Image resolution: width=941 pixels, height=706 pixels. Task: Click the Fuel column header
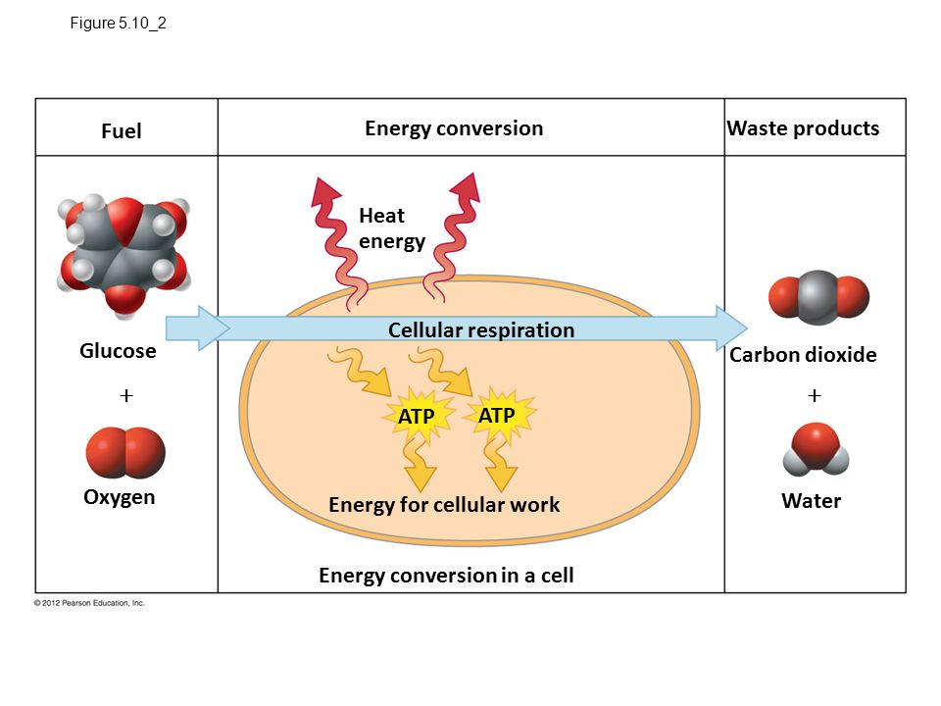click(122, 131)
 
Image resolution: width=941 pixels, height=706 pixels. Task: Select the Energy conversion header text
click(454, 128)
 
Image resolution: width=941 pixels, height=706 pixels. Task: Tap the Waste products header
click(803, 128)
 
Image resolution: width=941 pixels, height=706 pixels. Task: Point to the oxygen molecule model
click(125, 452)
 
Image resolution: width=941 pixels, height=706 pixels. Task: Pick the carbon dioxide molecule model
click(819, 298)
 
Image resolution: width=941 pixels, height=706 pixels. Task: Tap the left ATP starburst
click(416, 417)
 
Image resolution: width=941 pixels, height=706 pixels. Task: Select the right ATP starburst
click(497, 416)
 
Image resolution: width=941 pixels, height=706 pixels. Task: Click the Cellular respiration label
click(481, 329)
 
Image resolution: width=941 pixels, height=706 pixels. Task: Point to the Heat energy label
click(391, 228)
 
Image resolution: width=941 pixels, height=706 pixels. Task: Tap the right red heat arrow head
click(466, 187)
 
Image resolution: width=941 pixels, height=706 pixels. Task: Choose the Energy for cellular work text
click(444, 505)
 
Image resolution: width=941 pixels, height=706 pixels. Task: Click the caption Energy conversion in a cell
click(446, 576)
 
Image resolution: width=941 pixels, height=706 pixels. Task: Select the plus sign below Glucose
click(124, 396)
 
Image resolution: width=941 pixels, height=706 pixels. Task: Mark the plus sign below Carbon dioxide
click(815, 395)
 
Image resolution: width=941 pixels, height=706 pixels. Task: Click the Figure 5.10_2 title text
click(119, 24)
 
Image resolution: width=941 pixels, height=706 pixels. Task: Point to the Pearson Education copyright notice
click(89, 603)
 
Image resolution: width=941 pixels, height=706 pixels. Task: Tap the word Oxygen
click(120, 497)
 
